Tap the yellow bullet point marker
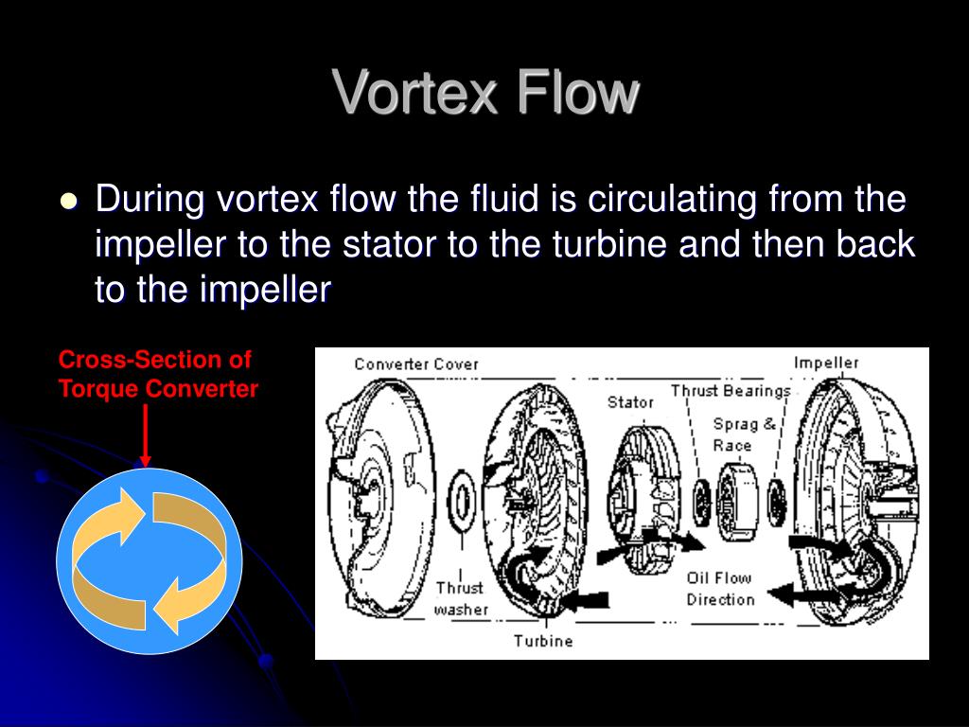tap(68, 202)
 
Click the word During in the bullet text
tap(151, 201)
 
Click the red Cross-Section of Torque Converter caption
tap(157, 374)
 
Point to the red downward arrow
tap(145, 435)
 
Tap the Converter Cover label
tap(416, 364)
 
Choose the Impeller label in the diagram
tap(825, 363)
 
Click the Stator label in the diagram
tap(630, 402)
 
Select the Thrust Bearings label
tap(730, 390)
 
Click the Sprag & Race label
tap(744, 434)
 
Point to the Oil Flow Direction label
tap(720, 588)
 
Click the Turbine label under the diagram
tap(543, 641)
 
